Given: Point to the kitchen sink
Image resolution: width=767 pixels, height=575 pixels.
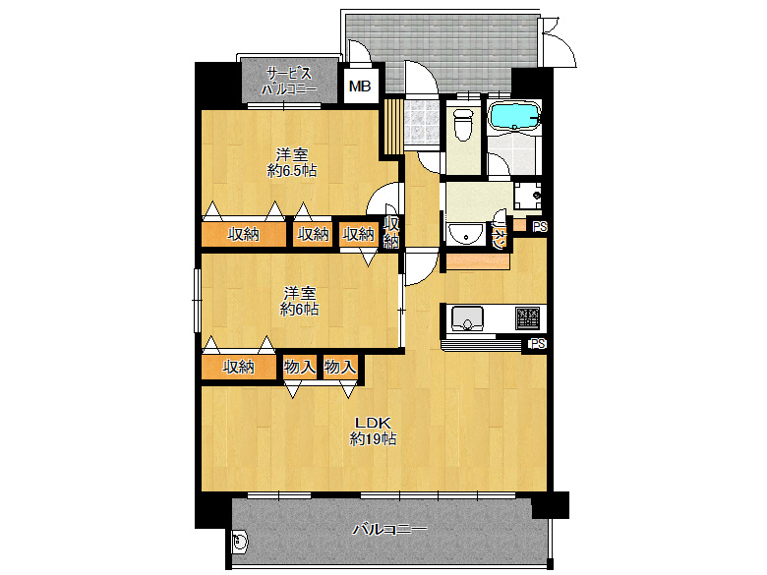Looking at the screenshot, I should pos(465,318).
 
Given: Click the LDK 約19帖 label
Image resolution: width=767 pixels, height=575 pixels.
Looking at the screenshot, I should pos(374,432).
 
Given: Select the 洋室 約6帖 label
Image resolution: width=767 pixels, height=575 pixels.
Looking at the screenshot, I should pos(299,301).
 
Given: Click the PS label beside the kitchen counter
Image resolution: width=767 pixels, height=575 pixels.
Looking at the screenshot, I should pos(537,344).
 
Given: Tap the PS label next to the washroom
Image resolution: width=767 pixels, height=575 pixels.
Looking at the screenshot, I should pos(539,227).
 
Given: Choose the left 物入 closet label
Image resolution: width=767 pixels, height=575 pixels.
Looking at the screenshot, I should pos(299,368).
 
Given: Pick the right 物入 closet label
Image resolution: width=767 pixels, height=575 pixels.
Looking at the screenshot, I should pos(339,368).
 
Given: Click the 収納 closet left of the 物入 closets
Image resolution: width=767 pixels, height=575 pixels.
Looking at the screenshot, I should pos(238,368).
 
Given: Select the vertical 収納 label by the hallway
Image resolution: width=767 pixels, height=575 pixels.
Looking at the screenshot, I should pos(390,233).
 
